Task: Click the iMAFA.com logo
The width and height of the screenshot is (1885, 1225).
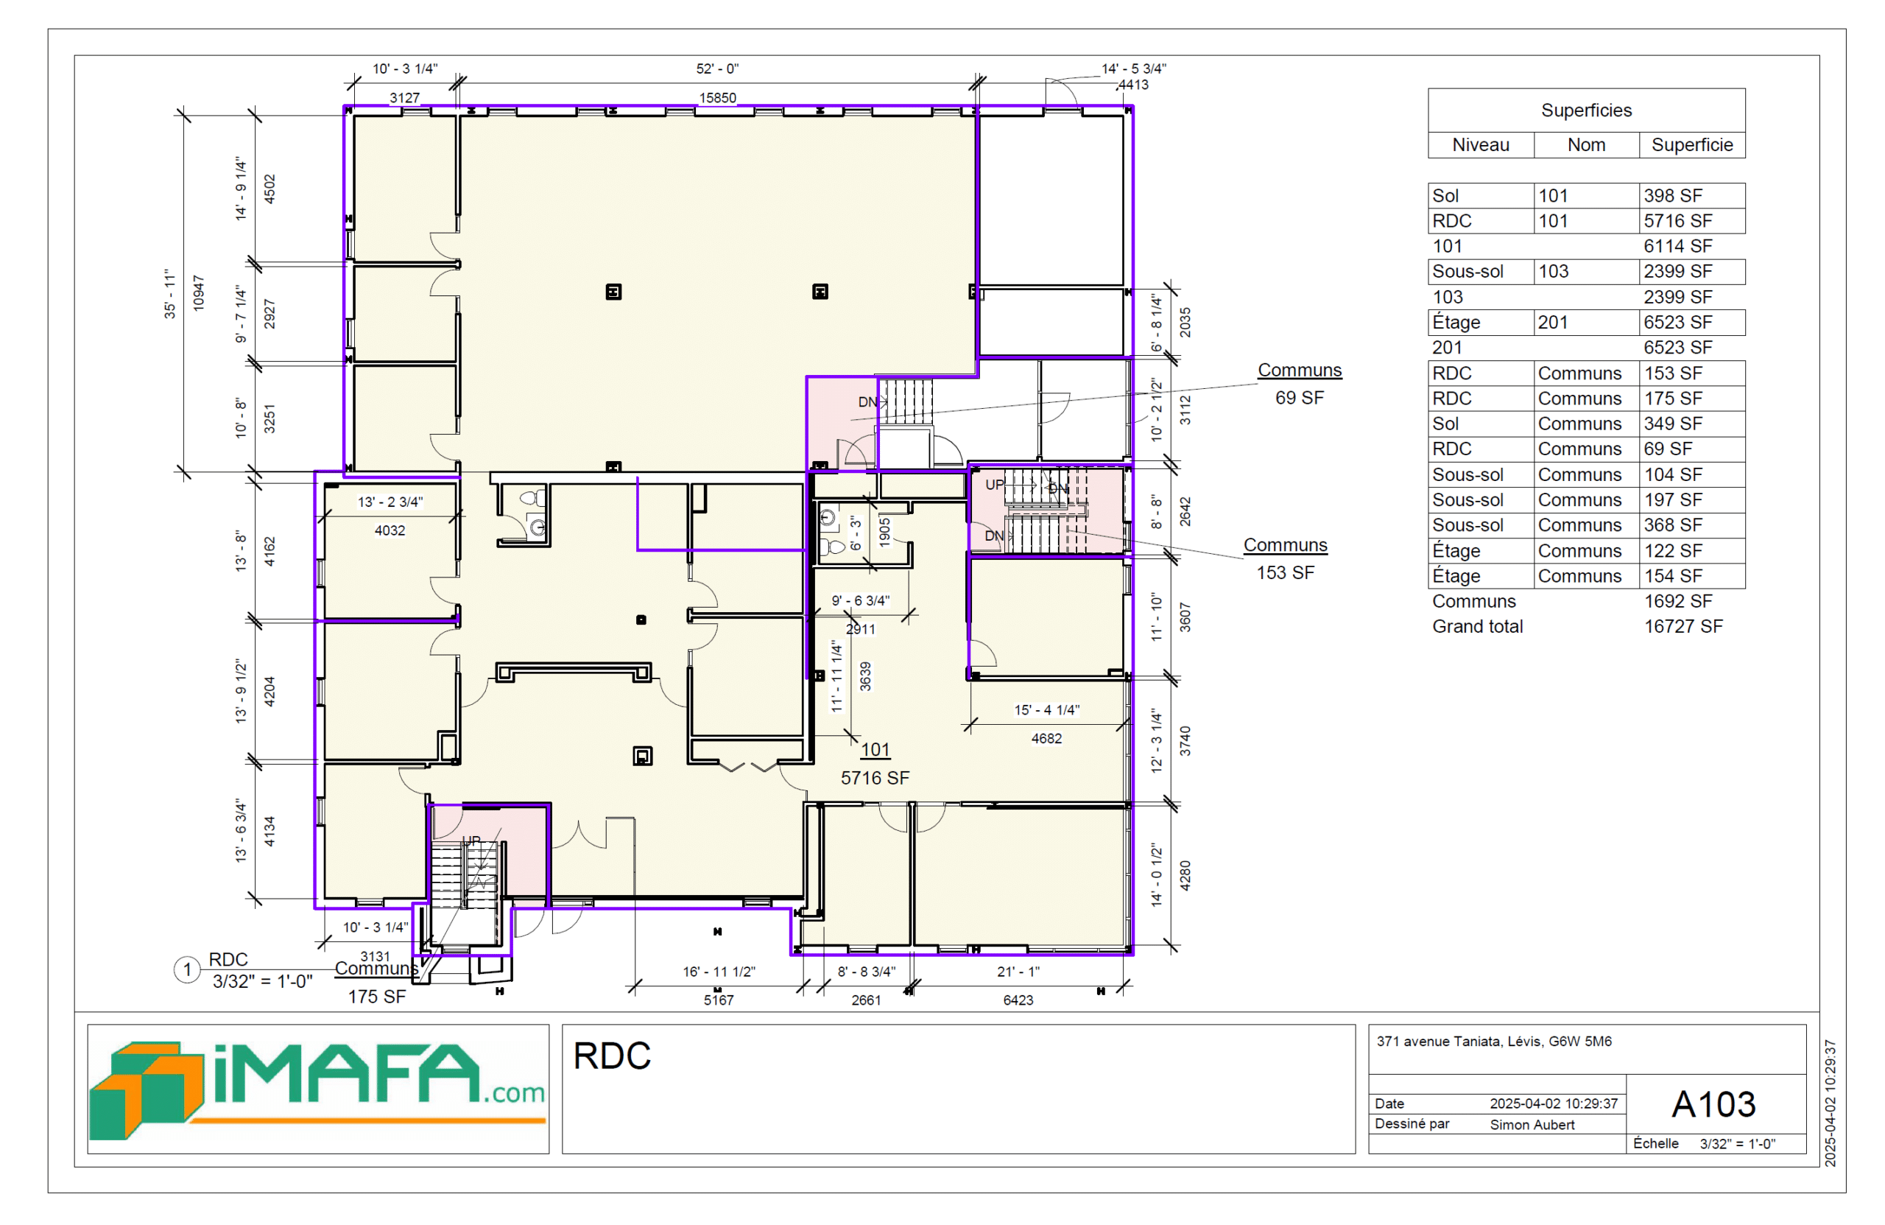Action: tap(317, 1089)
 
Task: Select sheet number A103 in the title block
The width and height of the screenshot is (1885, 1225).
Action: tap(1713, 1104)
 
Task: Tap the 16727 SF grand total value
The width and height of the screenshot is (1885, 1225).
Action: tap(1683, 626)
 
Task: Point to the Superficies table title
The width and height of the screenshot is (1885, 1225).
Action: tap(1585, 110)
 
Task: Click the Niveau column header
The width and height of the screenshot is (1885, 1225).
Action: tap(1480, 145)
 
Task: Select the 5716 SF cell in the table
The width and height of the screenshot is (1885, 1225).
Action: tap(1677, 221)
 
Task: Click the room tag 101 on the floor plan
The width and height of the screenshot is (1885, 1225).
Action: tap(875, 750)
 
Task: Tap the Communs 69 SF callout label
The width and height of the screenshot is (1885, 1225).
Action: tap(1300, 384)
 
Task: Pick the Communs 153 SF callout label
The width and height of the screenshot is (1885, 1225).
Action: tap(1285, 558)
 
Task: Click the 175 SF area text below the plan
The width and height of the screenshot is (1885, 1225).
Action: tap(377, 997)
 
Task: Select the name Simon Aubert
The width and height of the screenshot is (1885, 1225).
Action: tap(1532, 1124)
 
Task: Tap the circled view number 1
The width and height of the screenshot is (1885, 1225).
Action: tap(187, 969)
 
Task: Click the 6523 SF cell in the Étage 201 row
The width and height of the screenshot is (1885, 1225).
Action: tap(1677, 323)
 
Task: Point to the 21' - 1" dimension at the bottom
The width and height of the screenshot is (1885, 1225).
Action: tap(1018, 972)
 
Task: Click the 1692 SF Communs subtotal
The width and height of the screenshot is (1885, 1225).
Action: tap(1677, 600)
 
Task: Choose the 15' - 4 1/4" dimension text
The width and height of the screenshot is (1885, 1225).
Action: tap(1046, 710)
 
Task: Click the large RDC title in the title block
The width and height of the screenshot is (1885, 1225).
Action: tap(611, 1056)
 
